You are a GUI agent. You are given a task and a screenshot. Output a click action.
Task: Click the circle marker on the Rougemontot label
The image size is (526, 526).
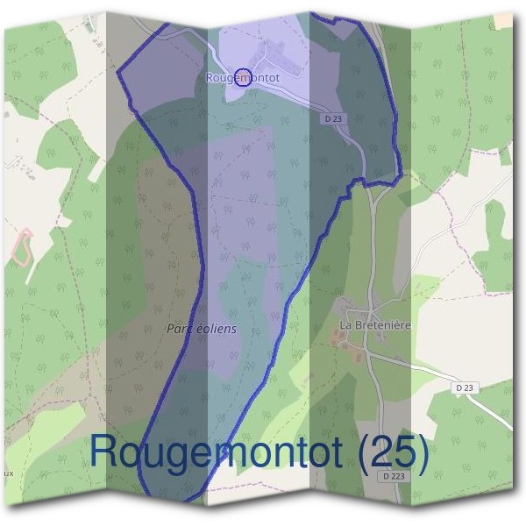click(x=244, y=78)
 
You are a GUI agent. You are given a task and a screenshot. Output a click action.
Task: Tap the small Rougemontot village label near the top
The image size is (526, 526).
click(x=243, y=78)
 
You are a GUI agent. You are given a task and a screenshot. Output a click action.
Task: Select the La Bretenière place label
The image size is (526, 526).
click(x=375, y=325)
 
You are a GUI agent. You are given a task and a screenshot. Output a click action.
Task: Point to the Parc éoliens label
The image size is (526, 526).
click(x=201, y=329)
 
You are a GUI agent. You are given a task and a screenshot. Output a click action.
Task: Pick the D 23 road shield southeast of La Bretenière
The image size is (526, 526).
click(x=465, y=387)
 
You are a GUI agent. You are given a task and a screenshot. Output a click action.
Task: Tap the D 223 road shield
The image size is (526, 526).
click(x=394, y=476)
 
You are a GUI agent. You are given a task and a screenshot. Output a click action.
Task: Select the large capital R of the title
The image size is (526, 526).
click(x=106, y=452)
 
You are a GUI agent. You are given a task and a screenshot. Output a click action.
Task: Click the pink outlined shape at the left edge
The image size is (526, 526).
click(x=22, y=247)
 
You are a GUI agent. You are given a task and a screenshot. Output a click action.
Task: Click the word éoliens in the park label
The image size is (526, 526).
click(x=217, y=329)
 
